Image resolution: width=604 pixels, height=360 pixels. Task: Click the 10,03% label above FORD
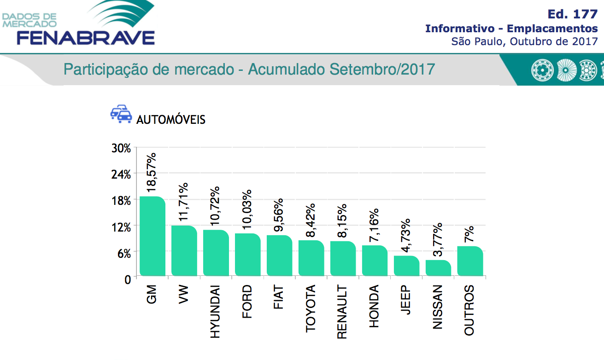[x=247, y=209]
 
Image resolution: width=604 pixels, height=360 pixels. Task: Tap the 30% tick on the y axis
[x=121, y=148]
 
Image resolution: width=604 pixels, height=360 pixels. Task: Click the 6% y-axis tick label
[x=124, y=253]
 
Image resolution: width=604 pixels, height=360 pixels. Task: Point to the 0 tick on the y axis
[x=128, y=279]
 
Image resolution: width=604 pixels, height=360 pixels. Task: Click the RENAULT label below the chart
[x=342, y=312]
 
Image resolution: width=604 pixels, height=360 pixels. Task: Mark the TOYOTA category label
[x=311, y=308]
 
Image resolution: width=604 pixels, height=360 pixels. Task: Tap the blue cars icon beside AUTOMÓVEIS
[x=121, y=114]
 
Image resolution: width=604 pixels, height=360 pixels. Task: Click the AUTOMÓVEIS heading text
[x=171, y=120]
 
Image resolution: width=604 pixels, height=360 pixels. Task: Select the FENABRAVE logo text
[x=86, y=37]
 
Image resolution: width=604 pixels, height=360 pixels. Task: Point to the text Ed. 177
[x=573, y=14]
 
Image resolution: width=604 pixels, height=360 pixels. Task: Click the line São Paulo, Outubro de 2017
[x=524, y=41]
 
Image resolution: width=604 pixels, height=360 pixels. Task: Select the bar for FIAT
[x=279, y=255]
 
